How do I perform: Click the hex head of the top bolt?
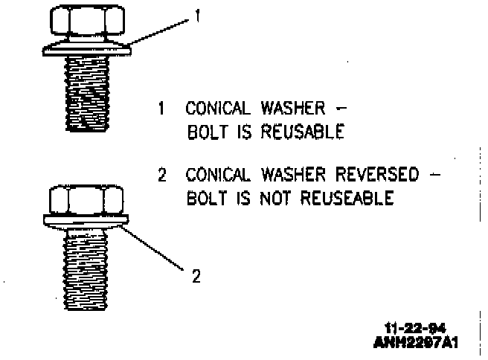pyautogui.click(x=89, y=23)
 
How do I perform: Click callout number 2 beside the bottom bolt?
pyautogui.click(x=196, y=277)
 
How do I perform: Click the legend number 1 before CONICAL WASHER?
pyautogui.click(x=161, y=109)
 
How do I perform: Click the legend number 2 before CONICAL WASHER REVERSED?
pyautogui.click(x=161, y=176)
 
